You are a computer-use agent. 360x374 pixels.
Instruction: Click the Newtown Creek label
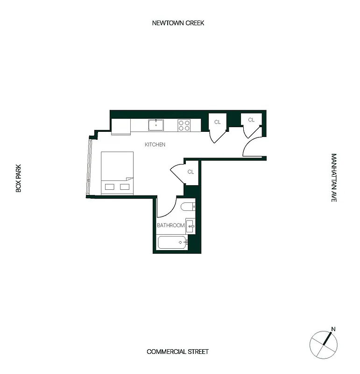(178, 23)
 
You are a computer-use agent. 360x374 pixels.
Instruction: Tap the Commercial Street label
(177, 352)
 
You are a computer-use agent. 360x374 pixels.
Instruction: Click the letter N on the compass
(333, 329)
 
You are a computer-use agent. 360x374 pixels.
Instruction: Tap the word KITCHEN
(155, 145)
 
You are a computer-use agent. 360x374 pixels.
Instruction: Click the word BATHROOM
(170, 225)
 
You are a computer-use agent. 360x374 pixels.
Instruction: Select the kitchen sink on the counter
(156, 125)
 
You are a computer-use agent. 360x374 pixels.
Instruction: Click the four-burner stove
(184, 125)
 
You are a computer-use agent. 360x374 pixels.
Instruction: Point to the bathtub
(172, 242)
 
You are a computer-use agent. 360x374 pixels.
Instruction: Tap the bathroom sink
(190, 226)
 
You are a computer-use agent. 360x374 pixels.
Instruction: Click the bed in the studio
(117, 173)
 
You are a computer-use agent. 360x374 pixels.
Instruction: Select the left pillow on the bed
(109, 187)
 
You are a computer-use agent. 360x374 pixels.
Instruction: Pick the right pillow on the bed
(125, 187)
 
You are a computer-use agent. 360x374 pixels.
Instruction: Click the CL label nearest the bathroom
(191, 172)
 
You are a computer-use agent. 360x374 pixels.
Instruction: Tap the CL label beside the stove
(217, 122)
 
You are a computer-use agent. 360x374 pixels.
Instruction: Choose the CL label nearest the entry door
(251, 120)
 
